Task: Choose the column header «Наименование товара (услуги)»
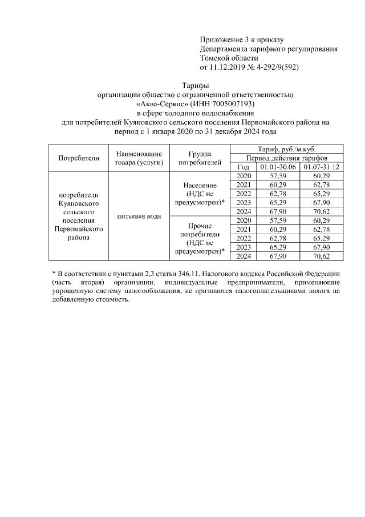[139, 158]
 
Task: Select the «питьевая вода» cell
[139, 217]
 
